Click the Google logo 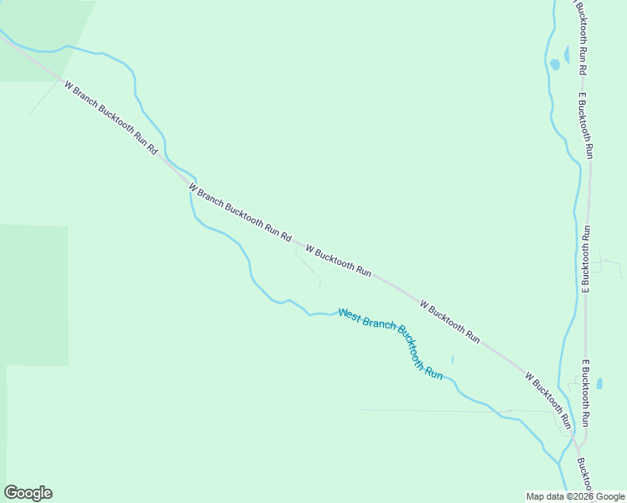click(28, 493)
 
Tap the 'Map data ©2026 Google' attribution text click(574, 496)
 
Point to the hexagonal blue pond click(555, 65)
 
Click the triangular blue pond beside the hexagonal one click(567, 55)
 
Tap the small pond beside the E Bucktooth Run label click(599, 384)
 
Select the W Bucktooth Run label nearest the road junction click(548, 400)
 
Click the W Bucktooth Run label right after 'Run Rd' click(339, 261)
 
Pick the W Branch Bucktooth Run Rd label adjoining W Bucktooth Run click(240, 213)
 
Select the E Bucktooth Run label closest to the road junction click(587, 393)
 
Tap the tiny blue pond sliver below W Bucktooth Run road click(453, 360)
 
